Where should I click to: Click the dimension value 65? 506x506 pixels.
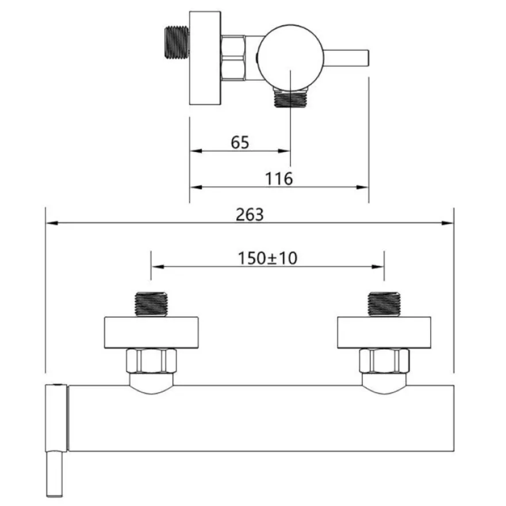click(240, 143)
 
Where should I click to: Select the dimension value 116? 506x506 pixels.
click(279, 179)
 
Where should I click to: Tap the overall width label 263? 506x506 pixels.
click(250, 214)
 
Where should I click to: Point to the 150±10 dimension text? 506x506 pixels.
click(267, 258)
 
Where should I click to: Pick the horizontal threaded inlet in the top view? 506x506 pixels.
click(177, 43)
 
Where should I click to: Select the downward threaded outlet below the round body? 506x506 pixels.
click(290, 98)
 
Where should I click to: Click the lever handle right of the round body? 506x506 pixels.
click(346, 57)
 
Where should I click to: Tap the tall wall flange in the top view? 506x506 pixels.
click(205, 58)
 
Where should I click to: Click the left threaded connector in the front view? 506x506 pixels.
click(151, 304)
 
